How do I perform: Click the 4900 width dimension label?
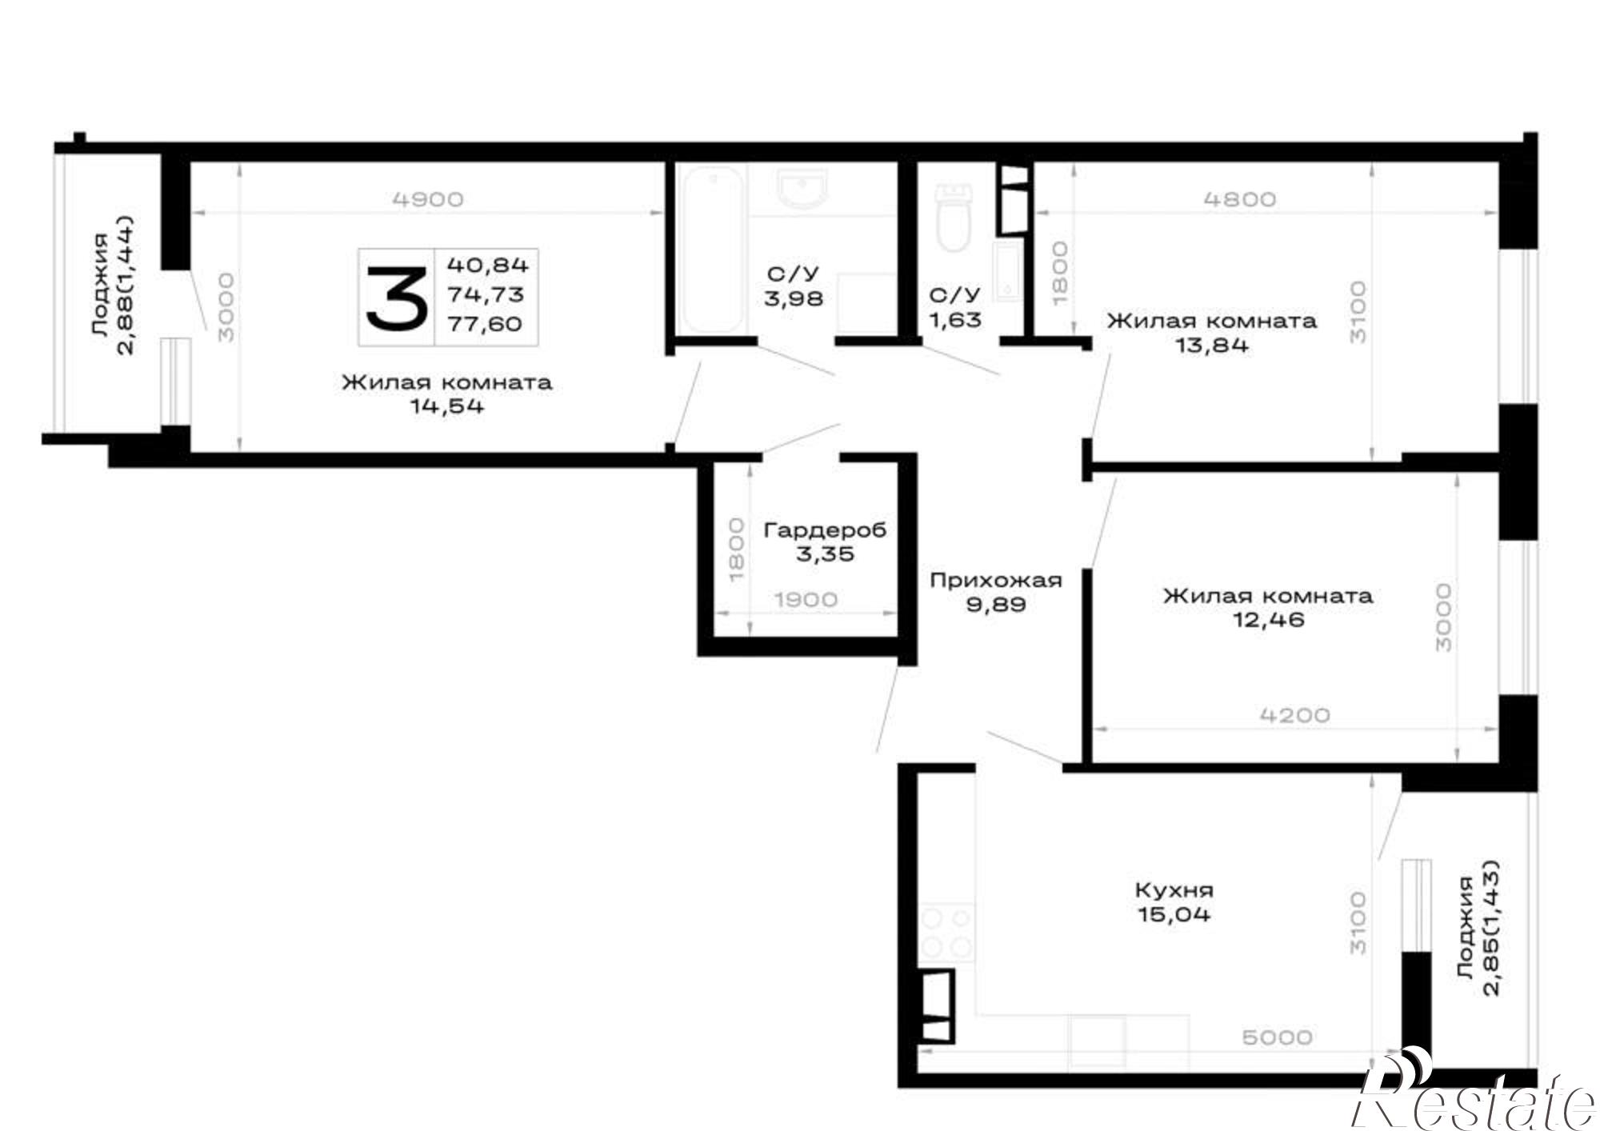coord(428,199)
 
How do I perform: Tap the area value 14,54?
coord(447,406)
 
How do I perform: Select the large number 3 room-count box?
coord(396,298)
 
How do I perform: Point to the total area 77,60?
coord(485,324)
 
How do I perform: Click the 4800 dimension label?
coord(1240,199)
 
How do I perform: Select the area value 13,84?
coord(1211,346)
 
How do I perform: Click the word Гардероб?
coord(826,530)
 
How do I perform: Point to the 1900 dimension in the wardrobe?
coord(806,600)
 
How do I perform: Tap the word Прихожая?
coord(996,581)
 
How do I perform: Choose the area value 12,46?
coord(1268,620)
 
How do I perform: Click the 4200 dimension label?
coord(1294,714)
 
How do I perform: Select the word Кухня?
coord(1174,890)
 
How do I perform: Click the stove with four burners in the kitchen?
coord(947,933)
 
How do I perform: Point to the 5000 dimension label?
coord(1278,1037)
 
